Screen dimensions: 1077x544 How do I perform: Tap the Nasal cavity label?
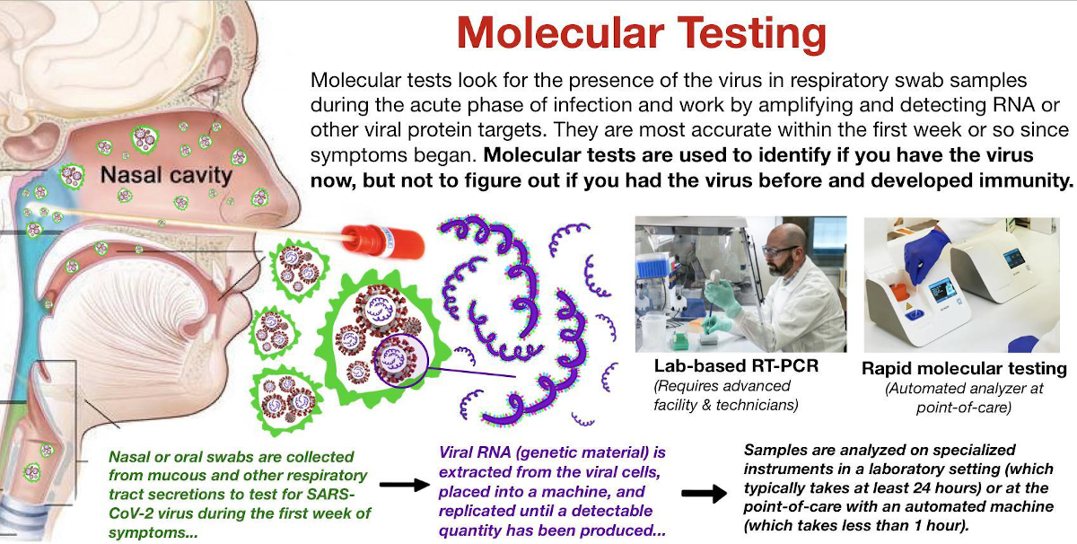(x=166, y=175)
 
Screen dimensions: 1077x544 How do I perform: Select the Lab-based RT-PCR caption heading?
(x=736, y=366)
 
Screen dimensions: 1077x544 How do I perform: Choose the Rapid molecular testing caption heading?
(x=964, y=368)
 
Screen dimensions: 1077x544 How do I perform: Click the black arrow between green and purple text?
(x=404, y=485)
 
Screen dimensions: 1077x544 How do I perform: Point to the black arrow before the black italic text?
(x=704, y=493)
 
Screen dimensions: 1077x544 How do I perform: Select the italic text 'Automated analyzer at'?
(x=964, y=388)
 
